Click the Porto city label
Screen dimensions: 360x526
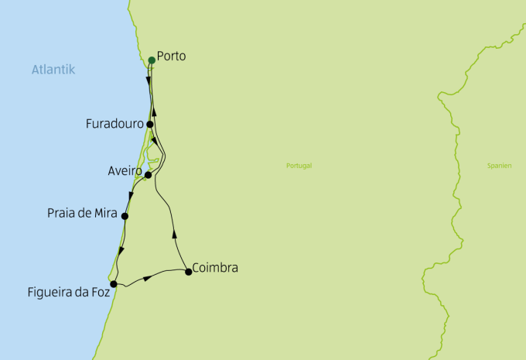click(x=171, y=57)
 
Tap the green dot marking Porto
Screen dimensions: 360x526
click(x=152, y=60)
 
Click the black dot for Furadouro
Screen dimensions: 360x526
click(x=150, y=124)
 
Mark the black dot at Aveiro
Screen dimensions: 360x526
click(x=149, y=175)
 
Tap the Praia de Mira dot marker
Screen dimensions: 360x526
click(x=125, y=216)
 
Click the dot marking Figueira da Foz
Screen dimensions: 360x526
click(x=114, y=284)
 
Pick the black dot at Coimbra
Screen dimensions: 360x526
click(x=189, y=271)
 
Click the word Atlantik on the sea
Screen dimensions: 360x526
click(x=53, y=70)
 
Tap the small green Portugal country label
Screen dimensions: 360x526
click(x=298, y=166)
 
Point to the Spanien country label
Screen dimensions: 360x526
click(x=499, y=166)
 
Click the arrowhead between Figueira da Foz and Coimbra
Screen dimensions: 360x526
click(x=148, y=277)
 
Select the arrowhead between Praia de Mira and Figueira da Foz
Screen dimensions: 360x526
click(x=122, y=250)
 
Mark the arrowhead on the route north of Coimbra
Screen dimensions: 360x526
click(x=175, y=232)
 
